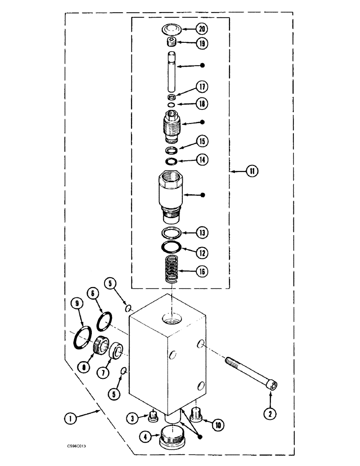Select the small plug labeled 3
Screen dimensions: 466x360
152,415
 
